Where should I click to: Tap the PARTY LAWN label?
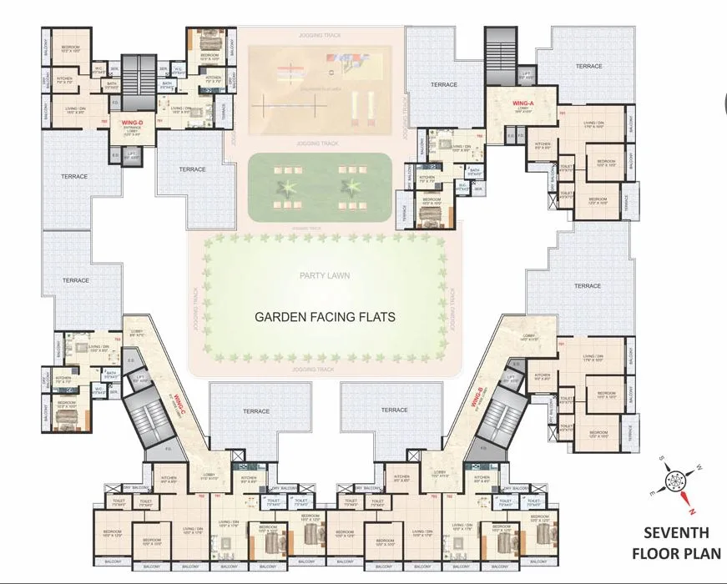pos(324,275)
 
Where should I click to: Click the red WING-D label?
pos(131,123)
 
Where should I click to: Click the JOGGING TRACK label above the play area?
pos(321,36)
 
